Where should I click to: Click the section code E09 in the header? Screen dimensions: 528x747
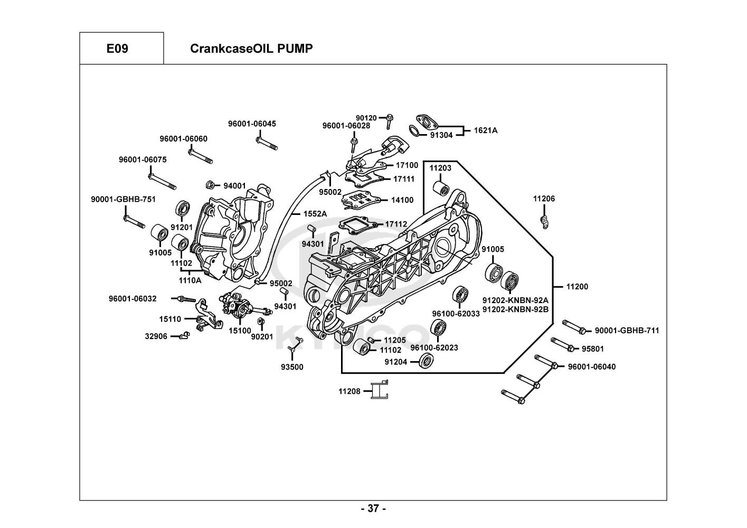(117, 49)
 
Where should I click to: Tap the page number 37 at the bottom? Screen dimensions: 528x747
(373, 508)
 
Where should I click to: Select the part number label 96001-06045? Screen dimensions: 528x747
(252, 124)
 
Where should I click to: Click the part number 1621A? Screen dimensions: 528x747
(485, 130)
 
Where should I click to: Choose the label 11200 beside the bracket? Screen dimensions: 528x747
(577, 287)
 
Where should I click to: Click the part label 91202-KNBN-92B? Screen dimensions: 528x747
(515, 309)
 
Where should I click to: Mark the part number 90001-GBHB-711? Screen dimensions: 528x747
(627, 331)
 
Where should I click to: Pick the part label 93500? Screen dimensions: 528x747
(292, 367)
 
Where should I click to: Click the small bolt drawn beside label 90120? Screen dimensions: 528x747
(389, 120)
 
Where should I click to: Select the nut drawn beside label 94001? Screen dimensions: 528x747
(210, 185)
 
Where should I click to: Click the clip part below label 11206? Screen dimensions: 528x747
(544, 220)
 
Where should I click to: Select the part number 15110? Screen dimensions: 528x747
(170, 319)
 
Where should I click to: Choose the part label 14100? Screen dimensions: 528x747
(402, 200)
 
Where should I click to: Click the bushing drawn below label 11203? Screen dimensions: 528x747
(441, 187)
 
